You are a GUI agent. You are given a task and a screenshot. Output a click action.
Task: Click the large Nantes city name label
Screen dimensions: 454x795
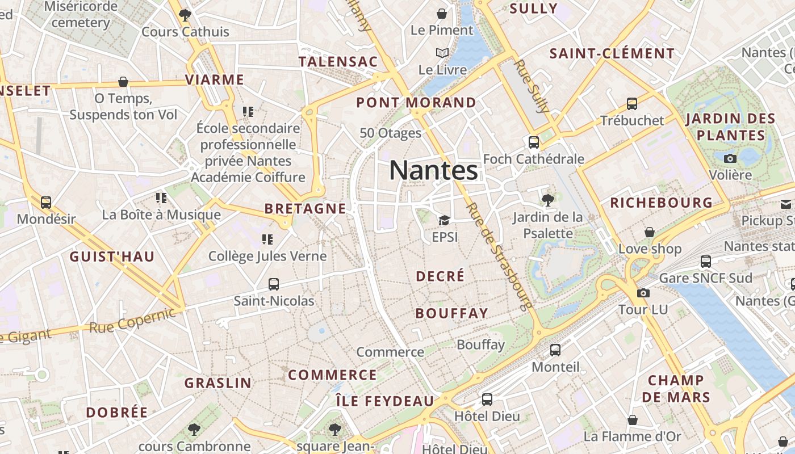point(434,170)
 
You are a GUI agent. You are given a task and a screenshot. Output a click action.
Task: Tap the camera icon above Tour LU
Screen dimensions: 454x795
point(643,293)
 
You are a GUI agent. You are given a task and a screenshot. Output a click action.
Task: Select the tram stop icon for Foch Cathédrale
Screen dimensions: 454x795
point(533,142)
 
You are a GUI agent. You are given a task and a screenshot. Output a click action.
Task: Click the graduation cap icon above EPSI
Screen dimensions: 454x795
point(444,220)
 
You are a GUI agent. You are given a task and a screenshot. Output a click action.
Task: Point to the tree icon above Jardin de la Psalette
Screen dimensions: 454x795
point(548,200)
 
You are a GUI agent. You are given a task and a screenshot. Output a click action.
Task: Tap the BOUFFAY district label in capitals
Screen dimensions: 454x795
point(451,313)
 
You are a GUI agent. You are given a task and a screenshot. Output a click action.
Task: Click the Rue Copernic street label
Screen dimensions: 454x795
point(133,320)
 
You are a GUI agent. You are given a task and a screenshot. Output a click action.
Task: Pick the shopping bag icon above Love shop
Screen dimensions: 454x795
point(650,232)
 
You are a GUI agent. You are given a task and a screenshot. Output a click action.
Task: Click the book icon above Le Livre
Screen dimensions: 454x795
point(442,53)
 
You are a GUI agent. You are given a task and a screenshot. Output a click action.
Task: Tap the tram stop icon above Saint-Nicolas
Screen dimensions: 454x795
point(274,284)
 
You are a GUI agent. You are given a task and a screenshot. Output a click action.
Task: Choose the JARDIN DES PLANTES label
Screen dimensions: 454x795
point(730,127)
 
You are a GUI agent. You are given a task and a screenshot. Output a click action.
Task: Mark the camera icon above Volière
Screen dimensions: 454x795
point(730,158)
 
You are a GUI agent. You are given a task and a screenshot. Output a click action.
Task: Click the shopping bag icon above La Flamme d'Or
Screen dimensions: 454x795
point(633,420)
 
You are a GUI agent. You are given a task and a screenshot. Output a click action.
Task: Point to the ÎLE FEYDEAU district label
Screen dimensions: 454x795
point(384,401)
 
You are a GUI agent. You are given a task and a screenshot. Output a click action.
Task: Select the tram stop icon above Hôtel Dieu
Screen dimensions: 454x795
point(487,400)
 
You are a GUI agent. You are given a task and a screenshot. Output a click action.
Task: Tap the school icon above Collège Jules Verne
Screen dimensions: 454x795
point(267,239)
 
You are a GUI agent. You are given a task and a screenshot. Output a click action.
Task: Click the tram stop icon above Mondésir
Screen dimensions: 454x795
point(46,202)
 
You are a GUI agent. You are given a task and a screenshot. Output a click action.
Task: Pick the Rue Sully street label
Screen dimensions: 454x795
point(532,86)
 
